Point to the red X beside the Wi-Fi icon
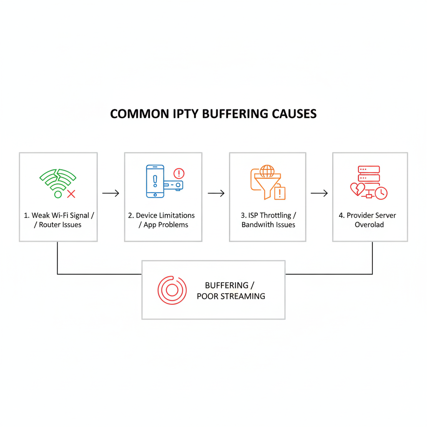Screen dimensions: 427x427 [71, 193]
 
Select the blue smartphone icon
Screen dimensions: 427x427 [155, 181]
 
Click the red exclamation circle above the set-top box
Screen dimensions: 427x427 [178, 173]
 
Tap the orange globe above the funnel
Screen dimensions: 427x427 [267, 171]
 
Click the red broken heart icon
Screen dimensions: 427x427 [357, 189]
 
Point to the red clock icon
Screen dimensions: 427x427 [381, 193]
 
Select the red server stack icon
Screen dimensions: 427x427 [369, 173]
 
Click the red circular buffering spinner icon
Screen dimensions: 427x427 [172, 289]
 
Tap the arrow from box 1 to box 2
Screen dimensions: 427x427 [111, 193]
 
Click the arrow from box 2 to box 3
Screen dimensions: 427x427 [216, 193]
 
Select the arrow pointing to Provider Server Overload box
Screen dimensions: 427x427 [319, 193]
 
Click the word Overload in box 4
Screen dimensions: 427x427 [369, 225]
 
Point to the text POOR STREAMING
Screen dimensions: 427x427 [231, 296]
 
